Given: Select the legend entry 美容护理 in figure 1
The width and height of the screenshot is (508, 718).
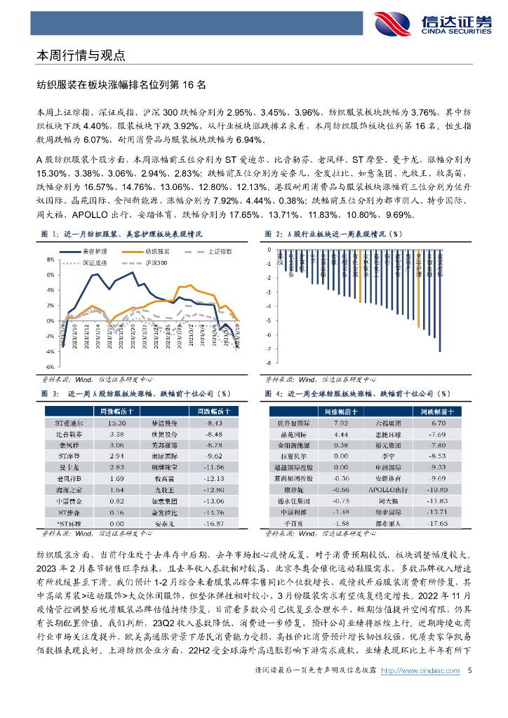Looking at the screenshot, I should click(x=93, y=250).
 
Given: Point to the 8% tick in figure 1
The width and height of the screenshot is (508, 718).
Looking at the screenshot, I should click(x=50, y=259).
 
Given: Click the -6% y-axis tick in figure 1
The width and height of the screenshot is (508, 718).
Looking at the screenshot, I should click(x=50, y=367).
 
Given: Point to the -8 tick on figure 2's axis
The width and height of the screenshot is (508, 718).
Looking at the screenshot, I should click(x=268, y=363).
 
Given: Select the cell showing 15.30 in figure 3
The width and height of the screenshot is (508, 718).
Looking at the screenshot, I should click(x=116, y=424).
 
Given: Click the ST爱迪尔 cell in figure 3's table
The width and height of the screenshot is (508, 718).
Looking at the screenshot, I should click(x=69, y=424).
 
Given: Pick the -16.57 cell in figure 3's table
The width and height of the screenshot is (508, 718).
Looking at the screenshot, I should click(x=213, y=522).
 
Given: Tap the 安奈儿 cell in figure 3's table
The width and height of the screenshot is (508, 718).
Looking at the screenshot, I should click(x=164, y=522).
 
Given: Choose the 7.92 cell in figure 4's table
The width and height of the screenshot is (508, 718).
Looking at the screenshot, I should click(x=342, y=424).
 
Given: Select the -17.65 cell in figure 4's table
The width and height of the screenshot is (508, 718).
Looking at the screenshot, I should click(x=439, y=522).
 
